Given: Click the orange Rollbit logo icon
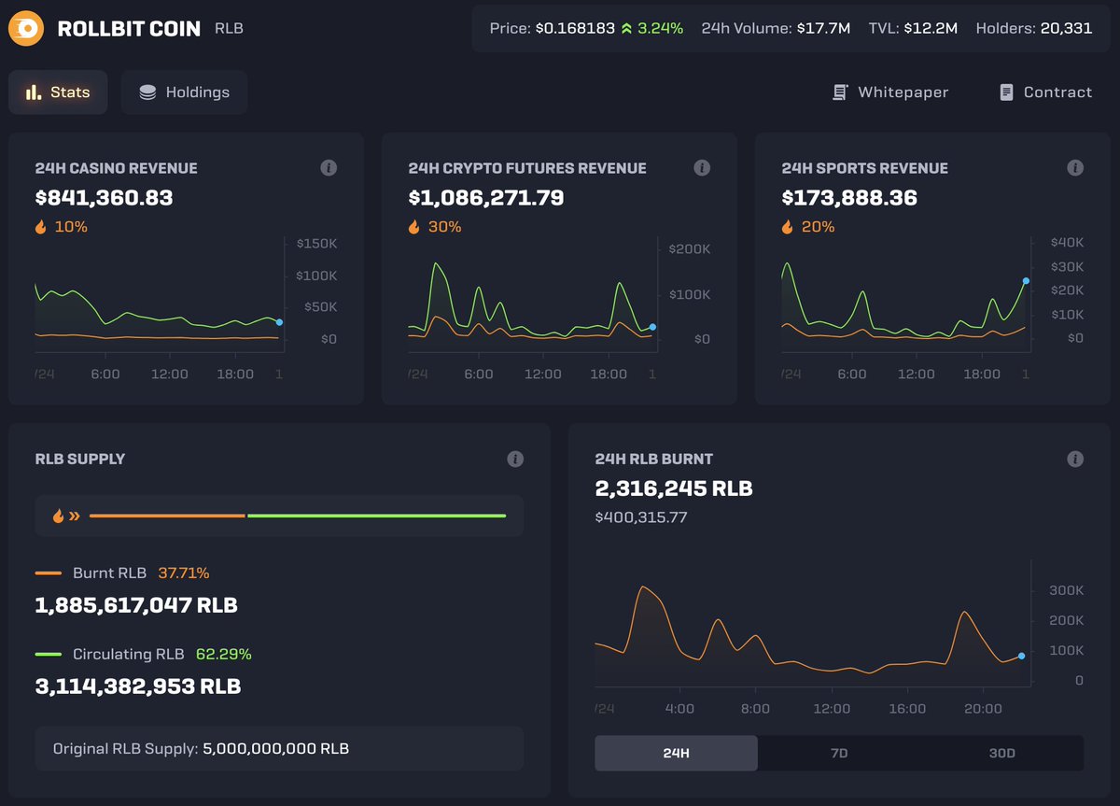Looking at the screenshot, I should pyautogui.click(x=27, y=29).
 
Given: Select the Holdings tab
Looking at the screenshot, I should pyautogui.click(x=184, y=92).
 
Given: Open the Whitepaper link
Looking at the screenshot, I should pyautogui.click(x=890, y=92).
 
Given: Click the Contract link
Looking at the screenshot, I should pyautogui.click(x=1045, y=92).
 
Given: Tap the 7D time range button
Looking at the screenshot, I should pyautogui.click(x=838, y=753).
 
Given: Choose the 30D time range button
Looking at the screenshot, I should pyautogui.click(x=1001, y=753).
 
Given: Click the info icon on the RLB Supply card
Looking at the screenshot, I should pyautogui.click(x=515, y=459).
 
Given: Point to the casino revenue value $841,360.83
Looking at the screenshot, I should pyautogui.click(x=104, y=198).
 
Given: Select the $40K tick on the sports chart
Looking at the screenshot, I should pyautogui.click(x=1067, y=243).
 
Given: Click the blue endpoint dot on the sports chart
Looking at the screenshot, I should pyautogui.click(x=1026, y=280).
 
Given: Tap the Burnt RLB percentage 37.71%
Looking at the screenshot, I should pyautogui.click(x=183, y=573).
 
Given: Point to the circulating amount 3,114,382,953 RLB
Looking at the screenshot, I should pyautogui.click(x=137, y=686).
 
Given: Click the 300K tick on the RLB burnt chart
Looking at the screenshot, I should pyautogui.click(x=1066, y=590).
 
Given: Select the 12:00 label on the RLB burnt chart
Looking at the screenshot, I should pyautogui.click(x=831, y=708).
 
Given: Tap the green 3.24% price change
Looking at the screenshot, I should pyautogui.click(x=659, y=29).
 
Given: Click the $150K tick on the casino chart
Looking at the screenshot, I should pyautogui.click(x=316, y=244).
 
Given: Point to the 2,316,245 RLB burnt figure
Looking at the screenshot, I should pyautogui.click(x=673, y=488).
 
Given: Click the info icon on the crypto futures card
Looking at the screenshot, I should pyautogui.click(x=702, y=168).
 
